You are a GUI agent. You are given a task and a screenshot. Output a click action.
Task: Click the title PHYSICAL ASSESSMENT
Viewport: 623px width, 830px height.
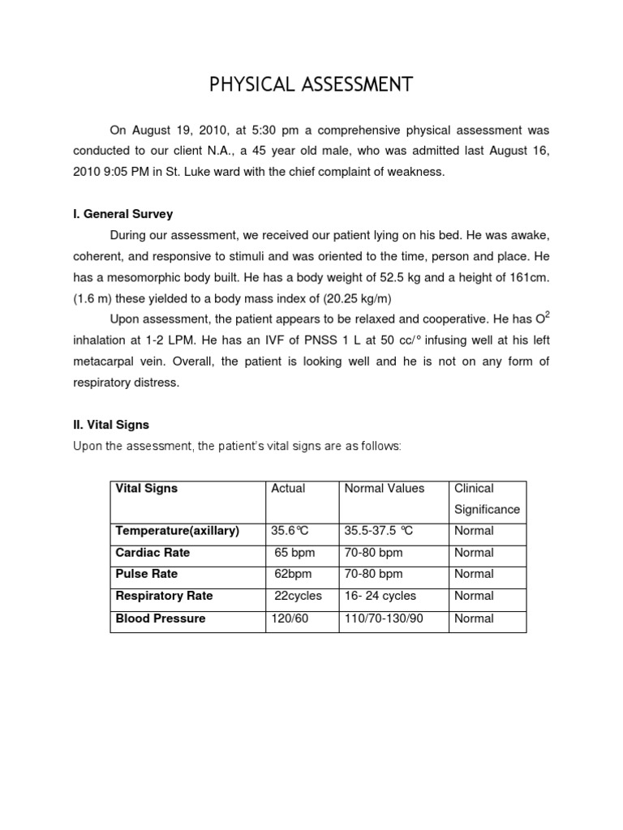pos(311,85)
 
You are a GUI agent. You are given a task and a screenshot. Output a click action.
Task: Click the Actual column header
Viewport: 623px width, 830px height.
pos(288,489)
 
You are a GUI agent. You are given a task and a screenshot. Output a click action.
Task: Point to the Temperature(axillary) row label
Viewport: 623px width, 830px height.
pos(178,531)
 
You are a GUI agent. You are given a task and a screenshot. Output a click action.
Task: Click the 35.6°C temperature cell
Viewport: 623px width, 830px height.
pos(290,531)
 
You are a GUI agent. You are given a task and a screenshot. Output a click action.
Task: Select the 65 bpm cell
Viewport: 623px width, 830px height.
pos(294,553)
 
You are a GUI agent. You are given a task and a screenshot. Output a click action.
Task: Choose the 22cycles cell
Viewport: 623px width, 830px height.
pos(298,596)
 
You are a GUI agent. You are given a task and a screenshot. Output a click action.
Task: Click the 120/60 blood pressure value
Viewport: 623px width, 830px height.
pos(290,618)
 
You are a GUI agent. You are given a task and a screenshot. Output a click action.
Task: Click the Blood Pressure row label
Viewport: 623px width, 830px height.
pos(161,618)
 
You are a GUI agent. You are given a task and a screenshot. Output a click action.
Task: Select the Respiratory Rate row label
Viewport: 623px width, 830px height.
pos(165,596)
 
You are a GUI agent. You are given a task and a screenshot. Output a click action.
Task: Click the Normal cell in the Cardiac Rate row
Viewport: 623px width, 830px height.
pos(474,553)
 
